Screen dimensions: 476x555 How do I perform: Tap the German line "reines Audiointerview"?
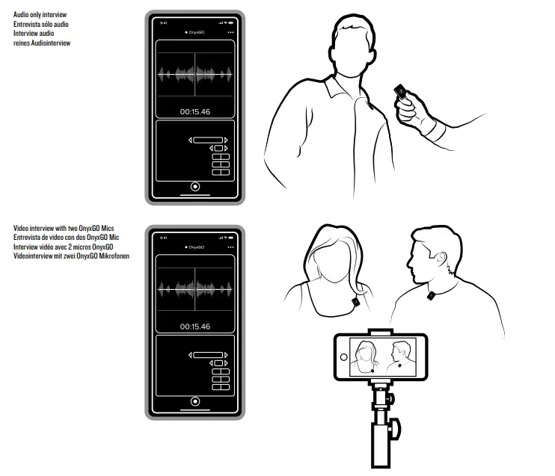coord(43,43)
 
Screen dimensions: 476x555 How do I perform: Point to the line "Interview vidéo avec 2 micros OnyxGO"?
coord(63,247)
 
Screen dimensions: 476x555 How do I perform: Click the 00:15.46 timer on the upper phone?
coord(195,112)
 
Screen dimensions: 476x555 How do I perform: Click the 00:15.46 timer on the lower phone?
coord(195,327)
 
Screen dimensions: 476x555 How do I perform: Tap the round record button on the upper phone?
coord(195,186)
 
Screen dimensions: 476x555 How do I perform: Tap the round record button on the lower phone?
coord(195,401)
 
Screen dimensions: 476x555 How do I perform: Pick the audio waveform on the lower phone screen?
coord(195,288)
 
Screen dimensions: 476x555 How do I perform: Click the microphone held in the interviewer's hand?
coord(402,93)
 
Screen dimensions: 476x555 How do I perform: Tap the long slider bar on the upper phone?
coord(208,140)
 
